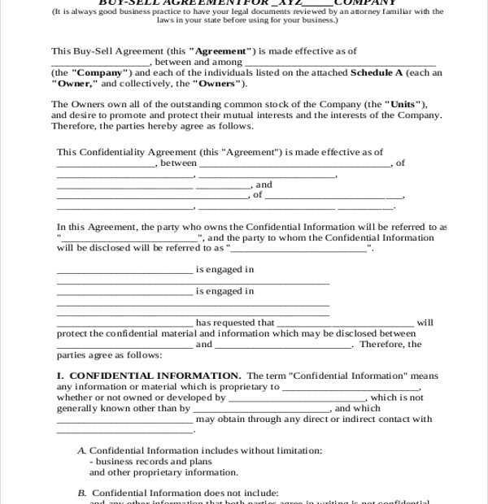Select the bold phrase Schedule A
[x=377, y=72]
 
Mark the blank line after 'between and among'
[x=340, y=62]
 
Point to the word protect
[x=73, y=333]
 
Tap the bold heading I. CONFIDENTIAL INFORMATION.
[x=148, y=376]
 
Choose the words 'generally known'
[x=90, y=409]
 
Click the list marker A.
[x=81, y=450]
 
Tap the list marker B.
[x=81, y=493]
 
